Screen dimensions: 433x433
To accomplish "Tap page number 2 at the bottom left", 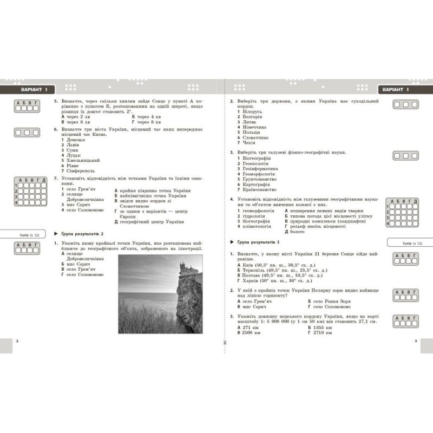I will [x=17, y=341].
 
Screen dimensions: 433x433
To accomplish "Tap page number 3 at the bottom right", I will [x=416, y=341].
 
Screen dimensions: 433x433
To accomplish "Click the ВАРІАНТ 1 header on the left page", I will [x=31, y=89].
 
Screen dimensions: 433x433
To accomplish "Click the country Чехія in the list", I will [x=246, y=142].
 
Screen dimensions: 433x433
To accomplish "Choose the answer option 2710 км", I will [x=320, y=333].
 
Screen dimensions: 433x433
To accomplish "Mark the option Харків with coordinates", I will [x=274, y=281].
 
